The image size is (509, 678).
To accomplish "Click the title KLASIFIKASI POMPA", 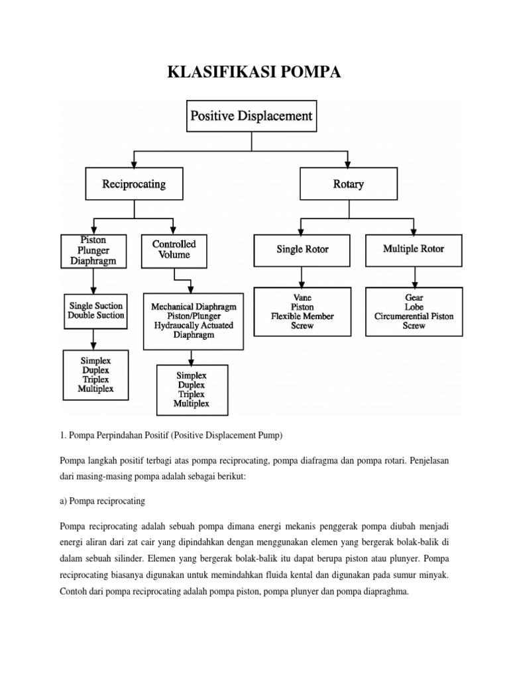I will (x=254, y=72).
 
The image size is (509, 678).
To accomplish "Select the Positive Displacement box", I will (x=251, y=116).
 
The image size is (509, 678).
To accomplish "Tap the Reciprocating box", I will (x=134, y=183).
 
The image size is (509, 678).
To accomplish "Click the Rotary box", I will (x=349, y=183).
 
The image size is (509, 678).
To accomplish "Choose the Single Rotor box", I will (x=302, y=249).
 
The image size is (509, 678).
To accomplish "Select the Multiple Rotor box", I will (x=414, y=249).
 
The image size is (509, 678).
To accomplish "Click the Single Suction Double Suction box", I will (x=96, y=311).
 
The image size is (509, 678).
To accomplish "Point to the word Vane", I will (x=302, y=298).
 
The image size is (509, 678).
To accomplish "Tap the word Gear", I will (x=414, y=298).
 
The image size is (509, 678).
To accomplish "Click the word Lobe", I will (x=414, y=307).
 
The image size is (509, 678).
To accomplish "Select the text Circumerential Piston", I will (x=414, y=316).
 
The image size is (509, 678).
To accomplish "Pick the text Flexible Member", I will (x=302, y=316).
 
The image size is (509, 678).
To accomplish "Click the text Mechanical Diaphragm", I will (x=194, y=307).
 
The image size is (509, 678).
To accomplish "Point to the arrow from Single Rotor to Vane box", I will (x=302, y=277).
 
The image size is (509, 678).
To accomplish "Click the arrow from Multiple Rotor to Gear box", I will (x=414, y=277).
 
